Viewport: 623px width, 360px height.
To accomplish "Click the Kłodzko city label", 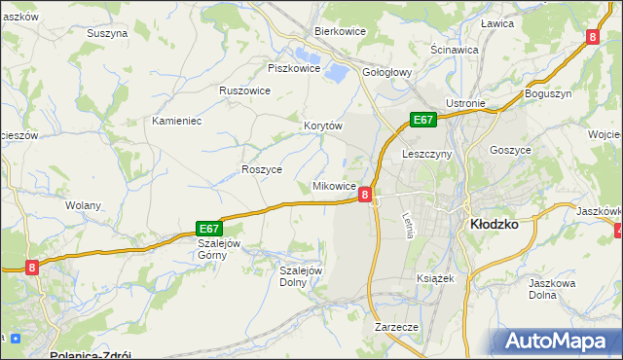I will coord(494,224).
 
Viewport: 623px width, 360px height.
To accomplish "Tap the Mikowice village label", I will coord(333,185).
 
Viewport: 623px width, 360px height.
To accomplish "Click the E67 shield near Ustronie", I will coord(421,120).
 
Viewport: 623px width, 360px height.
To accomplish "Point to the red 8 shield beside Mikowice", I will coord(364,195).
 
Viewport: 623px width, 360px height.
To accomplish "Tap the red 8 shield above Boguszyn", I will coord(592,36).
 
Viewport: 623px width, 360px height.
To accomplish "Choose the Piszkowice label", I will coord(294,68).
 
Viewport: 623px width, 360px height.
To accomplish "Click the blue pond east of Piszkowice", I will coord(337,71).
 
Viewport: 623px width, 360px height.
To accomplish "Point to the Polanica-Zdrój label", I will coord(90,354).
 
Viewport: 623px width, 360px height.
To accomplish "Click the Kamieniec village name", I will coord(176,121).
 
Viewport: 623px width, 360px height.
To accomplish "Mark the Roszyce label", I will coord(261,168).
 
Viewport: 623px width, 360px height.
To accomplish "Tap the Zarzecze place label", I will coord(396,327).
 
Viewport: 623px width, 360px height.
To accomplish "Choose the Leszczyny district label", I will coord(425,154).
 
